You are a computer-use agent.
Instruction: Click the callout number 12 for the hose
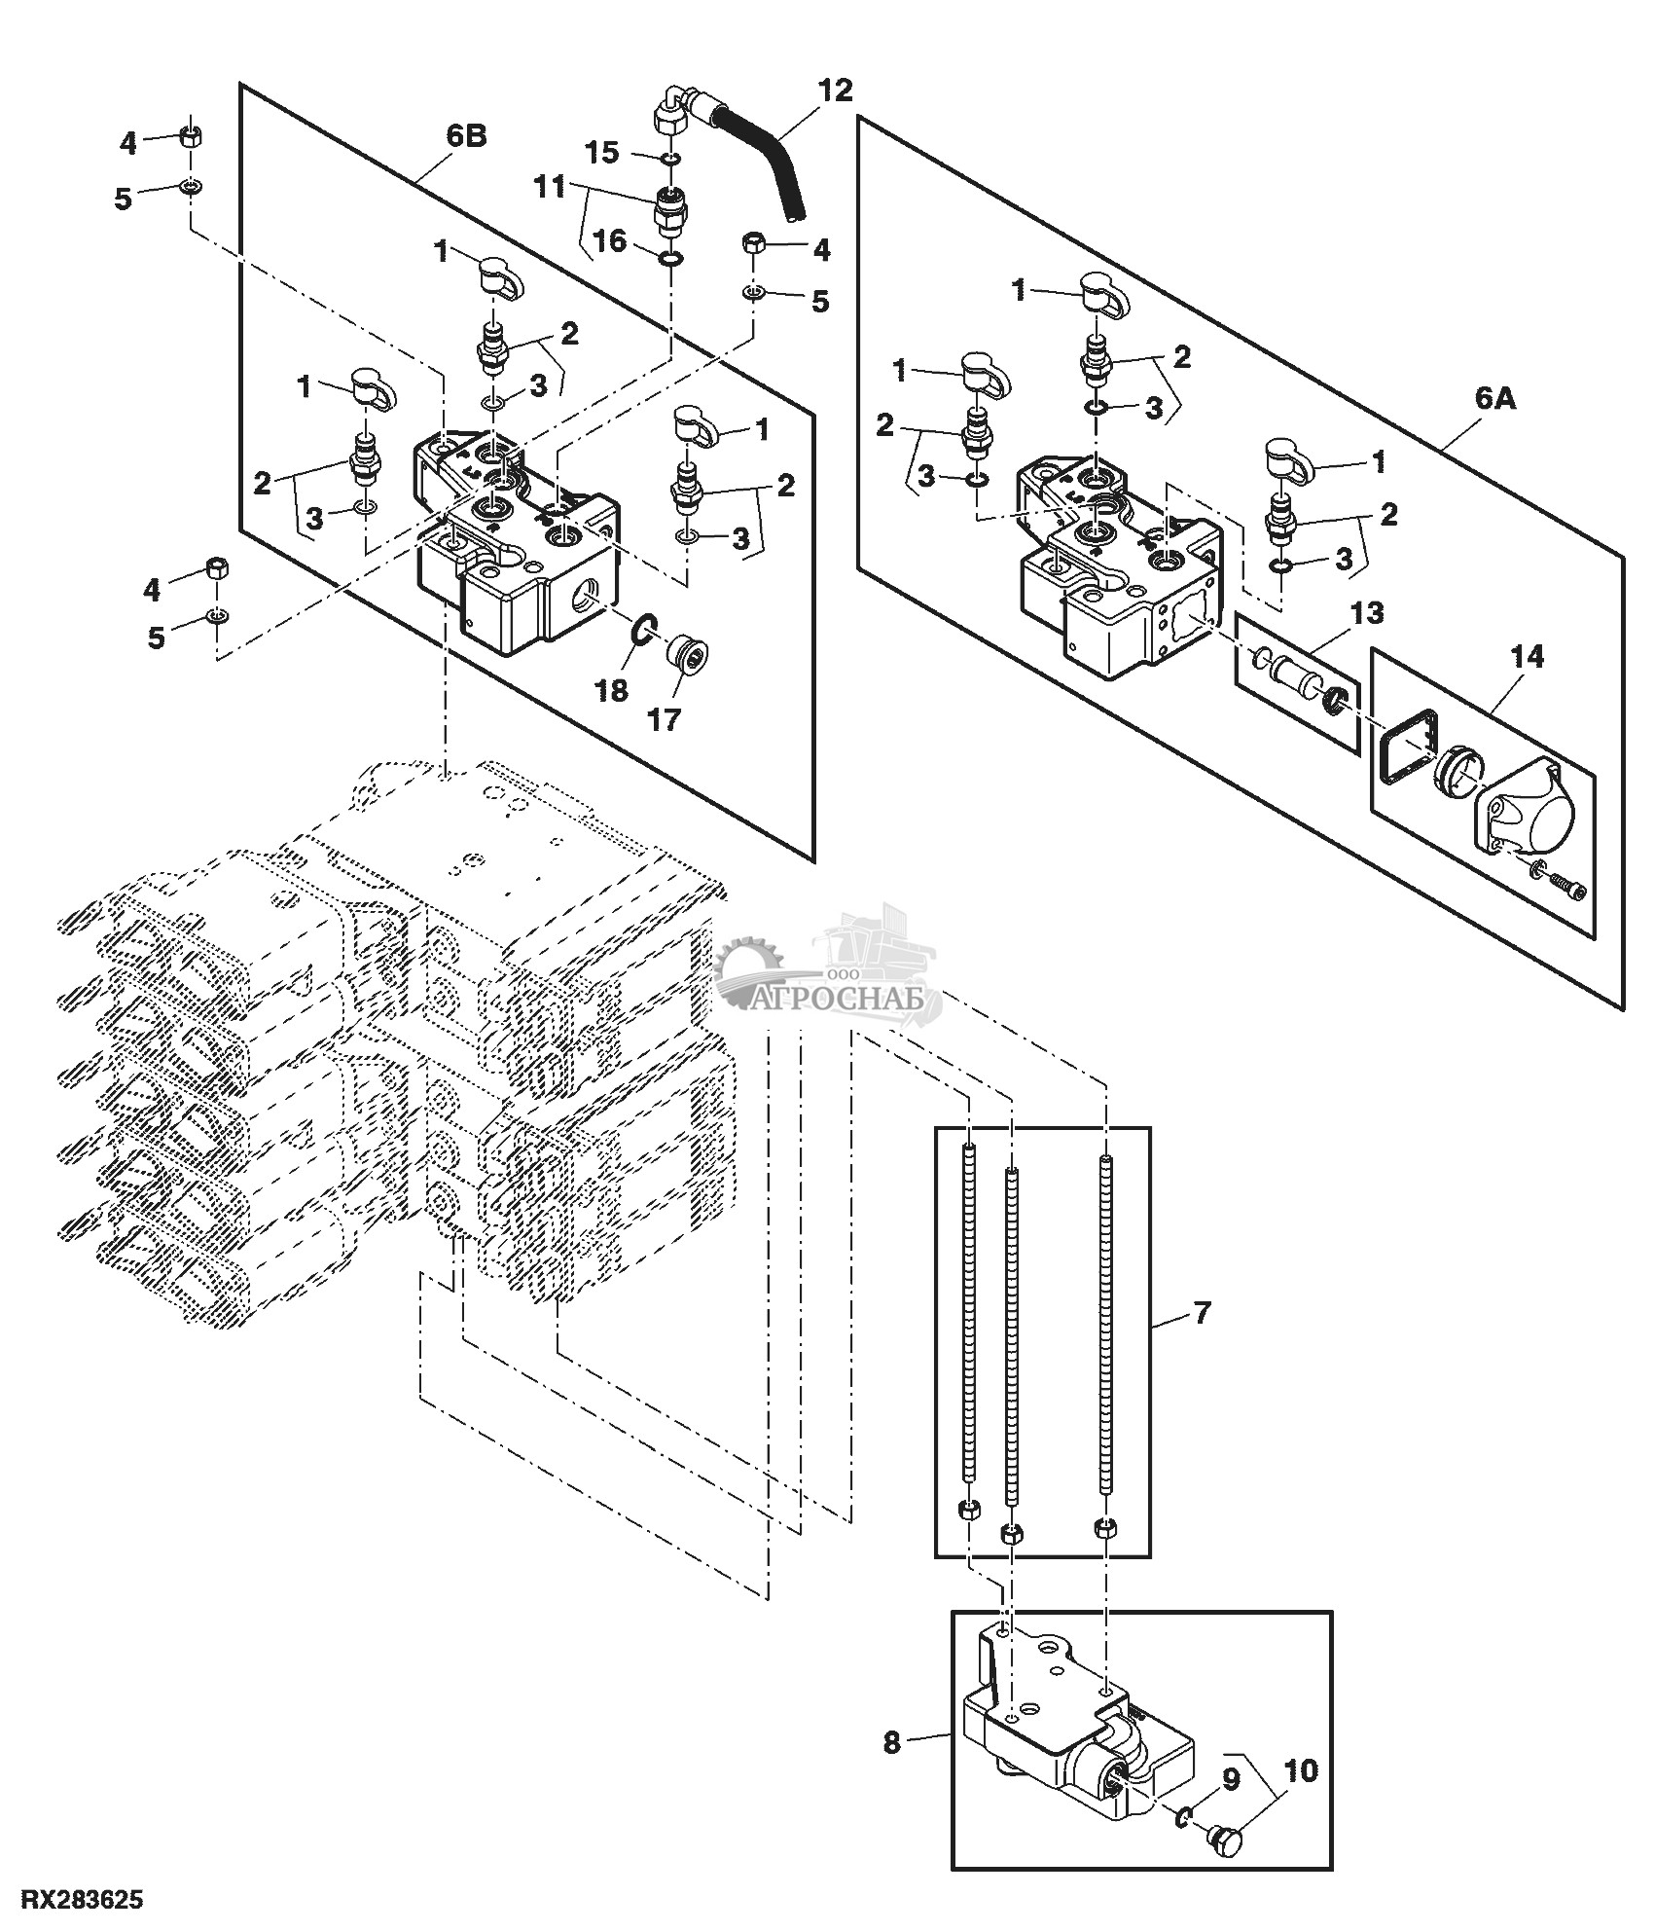pyautogui.click(x=835, y=91)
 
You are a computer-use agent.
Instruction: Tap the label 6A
pyautogui.click(x=1495, y=398)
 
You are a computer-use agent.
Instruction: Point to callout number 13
pyautogui.click(x=1367, y=613)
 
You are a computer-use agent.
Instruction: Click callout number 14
pyautogui.click(x=1527, y=657)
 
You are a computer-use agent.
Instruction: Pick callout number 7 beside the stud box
pyautogui.click(x=1202, y=1313)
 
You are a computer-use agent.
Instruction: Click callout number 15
pyautogui.click(x=601, y=152)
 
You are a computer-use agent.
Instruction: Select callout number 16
pyautogui.click(x=610, y=240)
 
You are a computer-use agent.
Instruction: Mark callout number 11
pyautogui.click(x=551, y=186)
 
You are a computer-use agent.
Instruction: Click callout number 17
pyautogui.click(x=666, y=719)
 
